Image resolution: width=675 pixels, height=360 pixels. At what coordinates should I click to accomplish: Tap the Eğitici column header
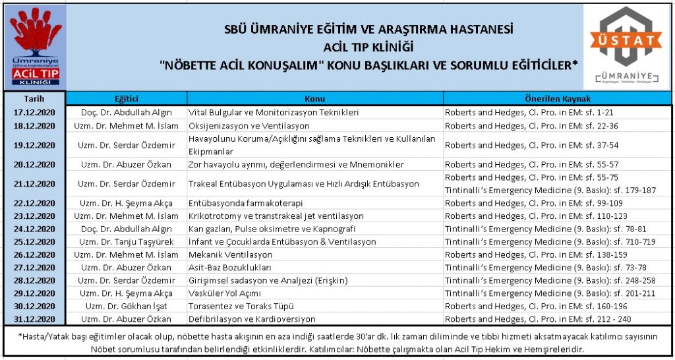(127, 98)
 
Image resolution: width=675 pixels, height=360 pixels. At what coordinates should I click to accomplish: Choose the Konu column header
(314, 98)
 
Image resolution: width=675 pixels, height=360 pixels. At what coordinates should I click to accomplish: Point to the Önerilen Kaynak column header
(556, 98)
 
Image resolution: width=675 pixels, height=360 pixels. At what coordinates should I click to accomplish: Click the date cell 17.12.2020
(34, 112)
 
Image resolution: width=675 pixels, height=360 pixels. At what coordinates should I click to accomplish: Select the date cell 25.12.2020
(34, 241)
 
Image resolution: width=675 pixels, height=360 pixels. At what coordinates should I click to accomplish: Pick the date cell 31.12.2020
(34, 319)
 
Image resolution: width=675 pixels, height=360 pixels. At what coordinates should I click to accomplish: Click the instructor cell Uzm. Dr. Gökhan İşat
(127, 306)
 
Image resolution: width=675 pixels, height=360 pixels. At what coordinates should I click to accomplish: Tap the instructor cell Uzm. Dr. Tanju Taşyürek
(127, 241)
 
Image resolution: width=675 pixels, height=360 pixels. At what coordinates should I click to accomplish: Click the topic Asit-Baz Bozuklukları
(230, 268)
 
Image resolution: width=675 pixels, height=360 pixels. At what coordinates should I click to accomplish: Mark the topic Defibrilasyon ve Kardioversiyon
(252, 319)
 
